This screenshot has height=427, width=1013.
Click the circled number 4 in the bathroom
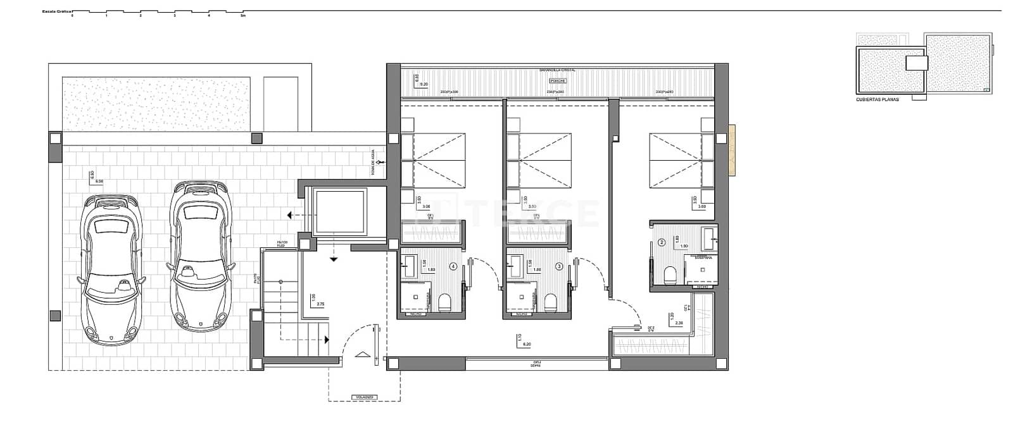[453, 266]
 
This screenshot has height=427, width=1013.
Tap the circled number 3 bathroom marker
[559, 266]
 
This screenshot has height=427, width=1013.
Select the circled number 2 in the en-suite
[662, 242]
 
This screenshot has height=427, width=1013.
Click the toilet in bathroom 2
[670, 275]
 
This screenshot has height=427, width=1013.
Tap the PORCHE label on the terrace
[558, 81]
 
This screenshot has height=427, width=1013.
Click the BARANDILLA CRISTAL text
[557, 71]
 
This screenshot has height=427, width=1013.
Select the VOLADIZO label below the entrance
[365, 397]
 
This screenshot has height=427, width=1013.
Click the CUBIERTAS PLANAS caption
[877, 99]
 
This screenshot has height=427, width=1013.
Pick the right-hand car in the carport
[199, 256]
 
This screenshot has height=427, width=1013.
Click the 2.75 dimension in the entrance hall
[320, 304]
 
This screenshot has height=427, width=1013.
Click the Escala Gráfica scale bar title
[56, 11]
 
